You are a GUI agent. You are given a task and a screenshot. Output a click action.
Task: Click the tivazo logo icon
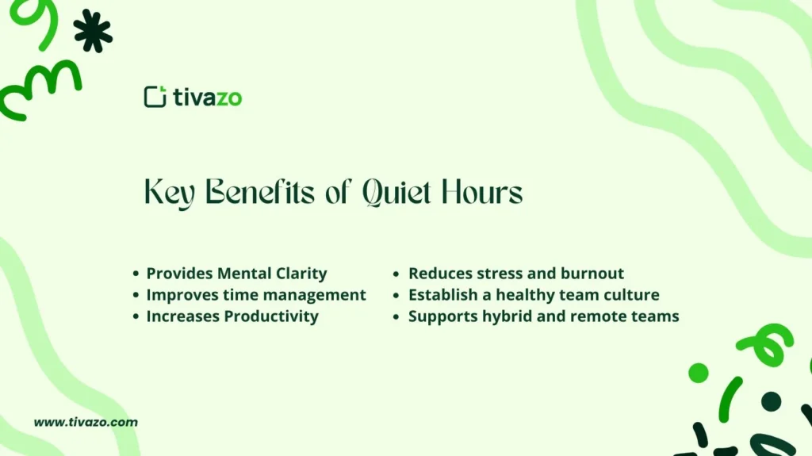(155, 97)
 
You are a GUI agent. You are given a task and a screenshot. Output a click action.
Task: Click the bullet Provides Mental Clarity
(236, 274)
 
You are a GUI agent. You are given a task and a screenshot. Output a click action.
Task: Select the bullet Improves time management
(256, 295)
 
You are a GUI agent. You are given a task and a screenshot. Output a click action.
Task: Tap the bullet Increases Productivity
(232, 316)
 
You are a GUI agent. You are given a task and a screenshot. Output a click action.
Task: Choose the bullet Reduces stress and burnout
(516, 274)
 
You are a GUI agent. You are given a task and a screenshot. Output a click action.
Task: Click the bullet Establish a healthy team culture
(534, 295)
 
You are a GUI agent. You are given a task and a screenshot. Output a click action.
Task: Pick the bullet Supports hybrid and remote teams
(543, 316)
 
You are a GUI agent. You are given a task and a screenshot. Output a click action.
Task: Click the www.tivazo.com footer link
(86, 422)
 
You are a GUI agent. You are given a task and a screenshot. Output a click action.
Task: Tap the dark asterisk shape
(93, 31)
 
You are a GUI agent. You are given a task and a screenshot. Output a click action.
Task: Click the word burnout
(592, 274)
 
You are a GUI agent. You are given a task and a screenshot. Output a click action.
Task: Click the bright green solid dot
(699, 373)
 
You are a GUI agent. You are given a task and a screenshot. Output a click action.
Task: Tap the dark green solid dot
(771, 401)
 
